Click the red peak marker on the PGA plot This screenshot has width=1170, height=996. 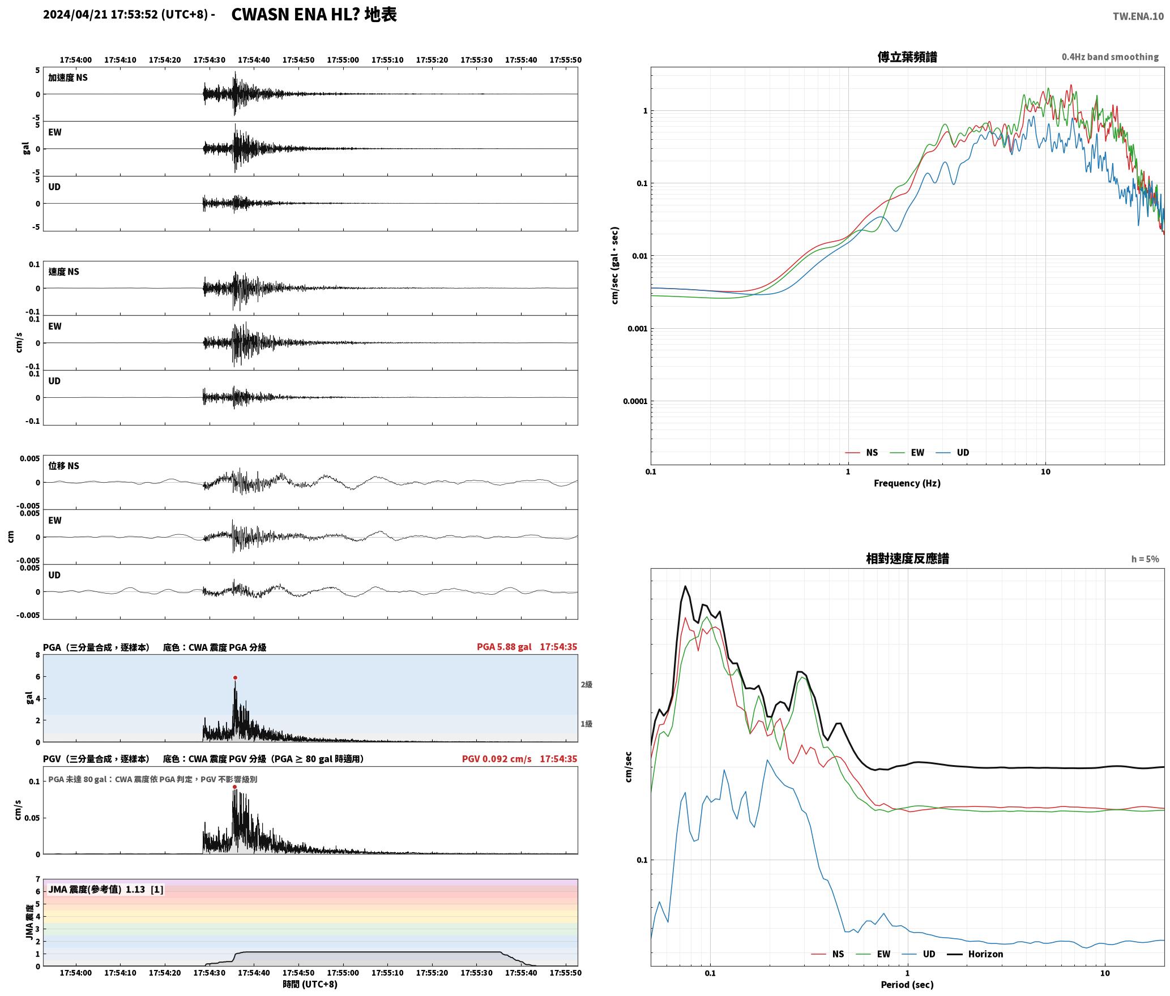[235, 677]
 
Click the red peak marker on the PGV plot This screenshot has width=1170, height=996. [234, 787]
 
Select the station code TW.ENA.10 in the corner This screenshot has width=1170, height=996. [1138, 16]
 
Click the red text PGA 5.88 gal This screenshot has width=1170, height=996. [504, 646]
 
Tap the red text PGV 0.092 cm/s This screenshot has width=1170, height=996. [497, 758]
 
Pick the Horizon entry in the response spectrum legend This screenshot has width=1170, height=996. [975, 954]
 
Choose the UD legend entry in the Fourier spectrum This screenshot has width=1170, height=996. [953, 452]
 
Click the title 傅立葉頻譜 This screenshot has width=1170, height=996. [907, 57]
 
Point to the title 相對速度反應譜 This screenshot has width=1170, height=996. [907, 558]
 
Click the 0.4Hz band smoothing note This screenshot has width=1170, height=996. [1110, 57]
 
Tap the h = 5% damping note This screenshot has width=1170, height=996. [1145, 559]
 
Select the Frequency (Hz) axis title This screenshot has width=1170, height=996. [907, 483]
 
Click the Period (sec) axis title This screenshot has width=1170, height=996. [907, 984]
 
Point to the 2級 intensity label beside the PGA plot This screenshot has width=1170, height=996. [586, 684]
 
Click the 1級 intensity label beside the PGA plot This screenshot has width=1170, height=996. [586, 723]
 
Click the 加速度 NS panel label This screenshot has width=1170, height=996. [68, 78]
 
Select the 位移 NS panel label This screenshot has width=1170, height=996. [63, 465]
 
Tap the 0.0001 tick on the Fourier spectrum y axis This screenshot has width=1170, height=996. [635, 401]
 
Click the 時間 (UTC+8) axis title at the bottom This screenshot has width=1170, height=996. [310, 984]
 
